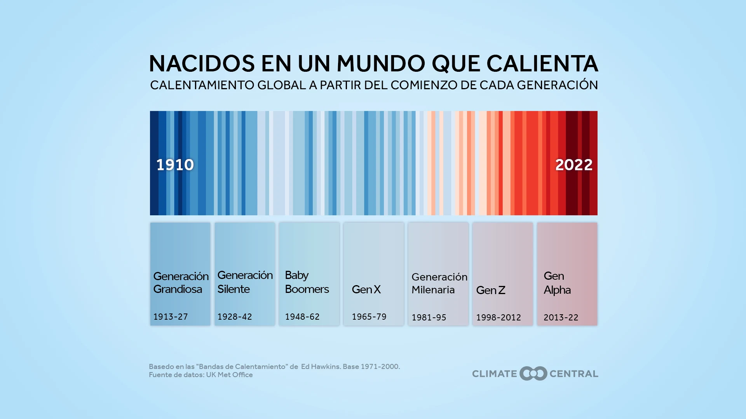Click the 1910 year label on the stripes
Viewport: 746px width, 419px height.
175,165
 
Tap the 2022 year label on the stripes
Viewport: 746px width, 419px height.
573,165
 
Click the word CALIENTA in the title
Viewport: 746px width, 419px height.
542,64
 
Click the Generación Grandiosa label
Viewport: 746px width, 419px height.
181,282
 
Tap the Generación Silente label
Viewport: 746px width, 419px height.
245,282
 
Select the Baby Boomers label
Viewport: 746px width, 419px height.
307,282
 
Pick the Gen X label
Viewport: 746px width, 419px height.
366,289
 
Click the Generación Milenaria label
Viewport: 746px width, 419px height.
439,283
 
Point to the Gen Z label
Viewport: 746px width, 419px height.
490,290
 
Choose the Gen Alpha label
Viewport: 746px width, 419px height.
557,283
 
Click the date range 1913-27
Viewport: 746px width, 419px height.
170,317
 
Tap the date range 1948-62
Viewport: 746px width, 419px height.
302,317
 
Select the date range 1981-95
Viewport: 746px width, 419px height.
429,317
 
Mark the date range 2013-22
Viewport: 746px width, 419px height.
561,317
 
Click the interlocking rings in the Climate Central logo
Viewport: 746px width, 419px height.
533,374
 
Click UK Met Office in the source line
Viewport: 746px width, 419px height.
229,375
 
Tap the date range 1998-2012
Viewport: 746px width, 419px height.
498,317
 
